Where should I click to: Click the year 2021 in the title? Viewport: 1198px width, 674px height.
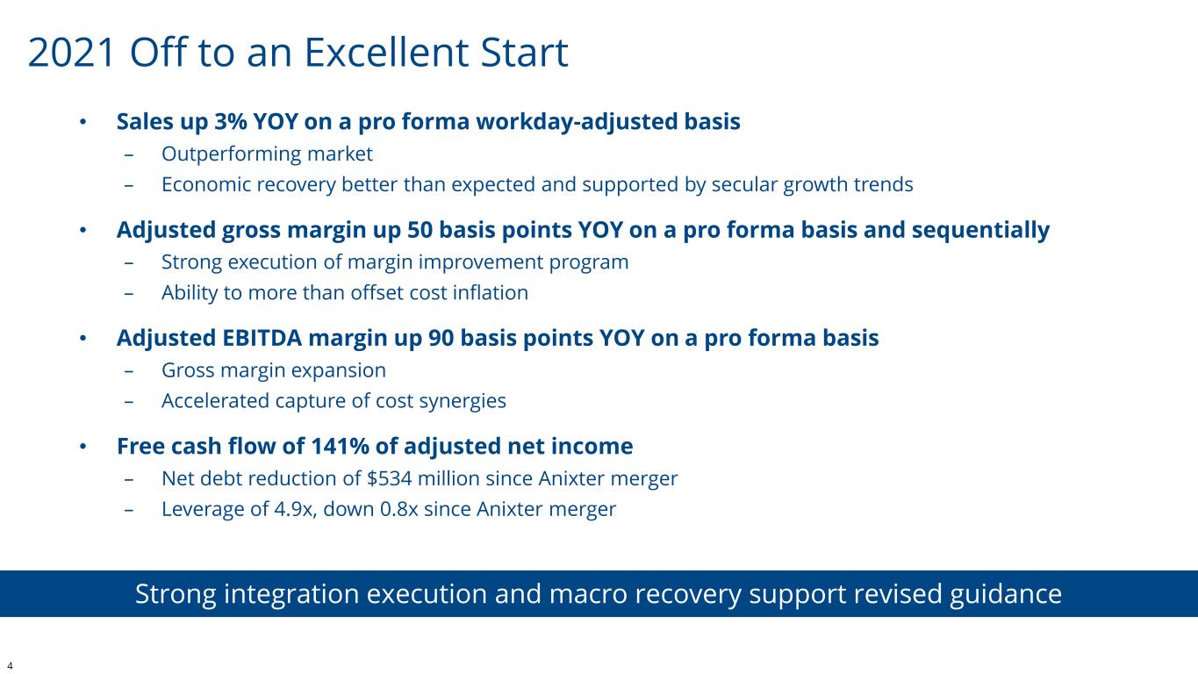coord(72,53)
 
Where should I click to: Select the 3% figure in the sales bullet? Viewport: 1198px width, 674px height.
coord(231,121)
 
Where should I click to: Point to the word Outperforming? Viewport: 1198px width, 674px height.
coord(231,154)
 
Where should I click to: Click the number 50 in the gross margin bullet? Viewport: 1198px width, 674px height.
coord(420,230)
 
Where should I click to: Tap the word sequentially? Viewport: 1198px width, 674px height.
coord(980,231)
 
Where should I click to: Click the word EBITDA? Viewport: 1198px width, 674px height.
coord(262,338)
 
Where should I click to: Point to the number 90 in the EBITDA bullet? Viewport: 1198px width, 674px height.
coord(441,338)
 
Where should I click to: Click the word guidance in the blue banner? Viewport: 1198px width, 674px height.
coord(1006,594)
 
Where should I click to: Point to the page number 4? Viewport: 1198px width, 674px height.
coord(10,666)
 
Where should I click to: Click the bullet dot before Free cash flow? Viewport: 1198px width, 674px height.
coord(82,446)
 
